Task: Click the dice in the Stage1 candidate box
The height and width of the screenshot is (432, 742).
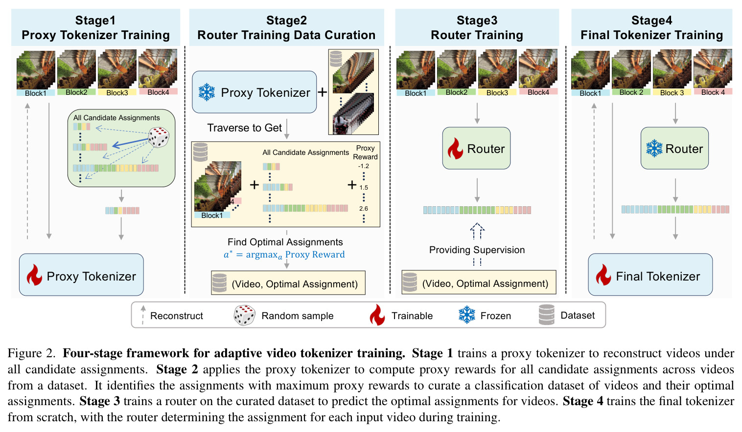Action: [x=159, y=137]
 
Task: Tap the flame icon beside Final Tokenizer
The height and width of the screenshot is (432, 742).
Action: [x=603, y=275]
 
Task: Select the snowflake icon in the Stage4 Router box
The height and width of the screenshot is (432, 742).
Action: [x=654, y=148]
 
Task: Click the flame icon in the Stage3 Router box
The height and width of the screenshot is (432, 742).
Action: [x=455, y=149]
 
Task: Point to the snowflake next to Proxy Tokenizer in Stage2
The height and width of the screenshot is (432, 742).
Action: [x=207, y=92]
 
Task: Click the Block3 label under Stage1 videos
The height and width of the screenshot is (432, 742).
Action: [x=117, y=93]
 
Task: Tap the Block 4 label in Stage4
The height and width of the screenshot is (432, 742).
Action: [x=713, y=92]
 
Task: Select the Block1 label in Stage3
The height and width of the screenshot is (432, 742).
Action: [x=416, y=93]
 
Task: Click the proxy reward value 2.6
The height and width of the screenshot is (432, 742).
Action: [x=363, y=208]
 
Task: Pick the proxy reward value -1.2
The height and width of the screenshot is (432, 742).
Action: [x=363, y=166]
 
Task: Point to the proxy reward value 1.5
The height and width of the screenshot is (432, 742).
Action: [x=363, y=188]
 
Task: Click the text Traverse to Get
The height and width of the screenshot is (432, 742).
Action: [x=244, y=128]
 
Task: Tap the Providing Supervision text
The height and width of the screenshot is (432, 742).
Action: [x=477, y=250]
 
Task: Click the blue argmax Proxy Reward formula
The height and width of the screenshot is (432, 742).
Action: [x=284, y=255]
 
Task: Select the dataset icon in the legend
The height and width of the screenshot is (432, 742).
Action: [x=547, y=315]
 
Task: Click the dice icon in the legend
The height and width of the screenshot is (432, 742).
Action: [x=244, y=315]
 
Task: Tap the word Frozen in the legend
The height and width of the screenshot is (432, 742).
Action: [x=495, y=316]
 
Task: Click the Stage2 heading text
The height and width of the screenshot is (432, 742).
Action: [x=286, y=27]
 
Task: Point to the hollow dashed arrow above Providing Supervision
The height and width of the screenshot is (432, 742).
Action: [x=477, y=231]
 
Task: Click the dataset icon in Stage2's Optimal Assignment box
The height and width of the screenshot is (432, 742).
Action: [x=219, y=283]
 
